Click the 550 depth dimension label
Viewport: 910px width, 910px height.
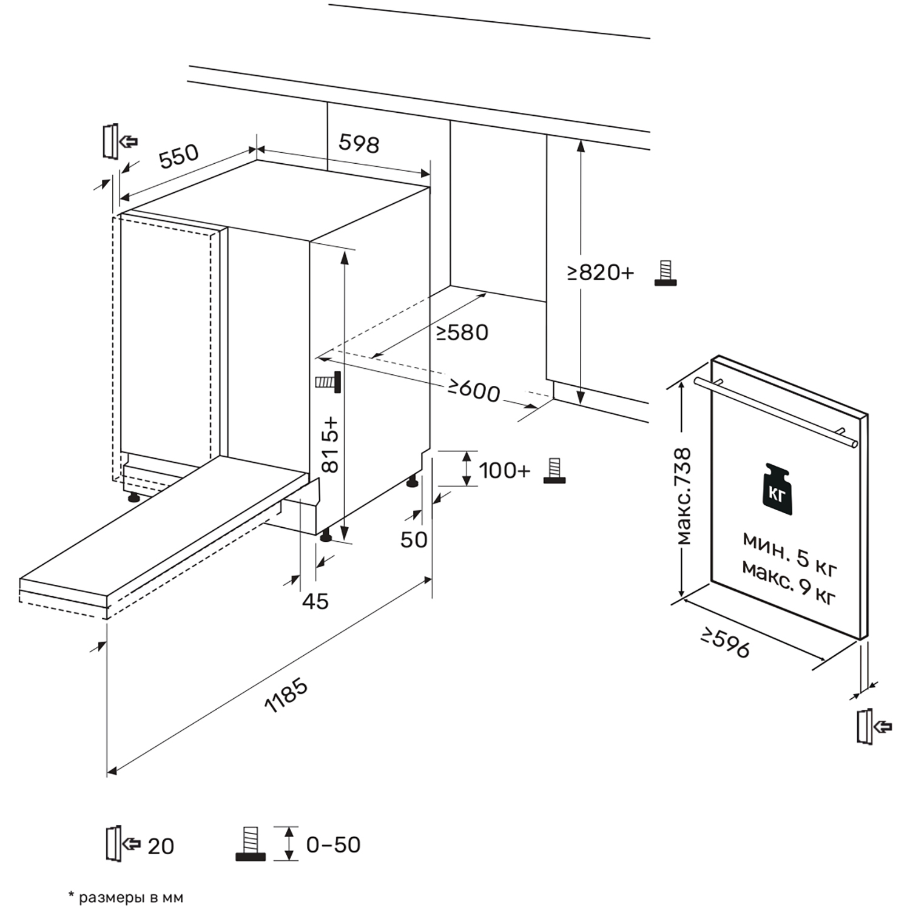click(178, 155)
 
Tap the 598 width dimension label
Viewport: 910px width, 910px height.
click(359, 144)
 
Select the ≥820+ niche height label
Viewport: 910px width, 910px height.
click(601, 272)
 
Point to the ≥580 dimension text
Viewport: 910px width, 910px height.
click(462, 332)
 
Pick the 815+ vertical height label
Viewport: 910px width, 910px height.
click(330, 444)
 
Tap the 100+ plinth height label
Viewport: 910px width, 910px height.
click(505, 471)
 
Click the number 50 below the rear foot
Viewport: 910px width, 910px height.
click(414, 539)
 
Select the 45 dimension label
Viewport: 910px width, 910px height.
click(315, 601)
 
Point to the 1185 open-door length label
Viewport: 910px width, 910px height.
click(286, 695)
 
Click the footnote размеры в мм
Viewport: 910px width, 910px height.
click(126, 897)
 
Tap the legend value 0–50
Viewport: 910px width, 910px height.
click(333, 844)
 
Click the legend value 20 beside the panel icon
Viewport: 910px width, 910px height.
click(160, 846)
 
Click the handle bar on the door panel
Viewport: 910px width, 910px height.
click(775, 413)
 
